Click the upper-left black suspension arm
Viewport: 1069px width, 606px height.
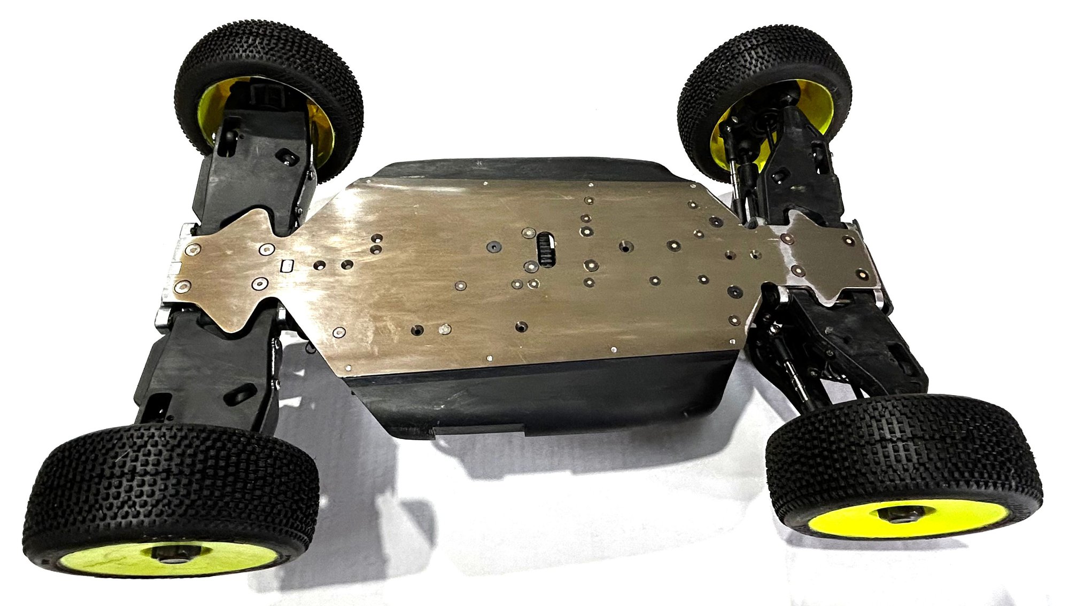click(251, 171)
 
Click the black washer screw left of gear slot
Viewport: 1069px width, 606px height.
click(492, 247)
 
